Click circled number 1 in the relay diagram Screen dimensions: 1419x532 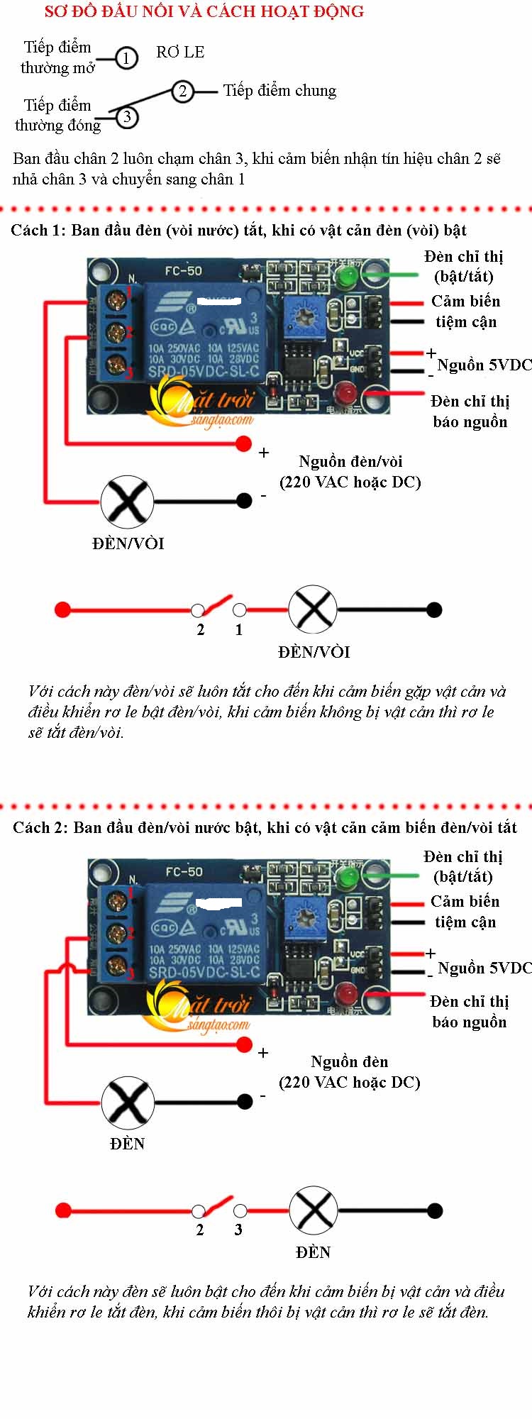[126, 57]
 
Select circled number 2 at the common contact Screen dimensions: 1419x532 [182, 91]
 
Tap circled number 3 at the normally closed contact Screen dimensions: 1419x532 [126, 116]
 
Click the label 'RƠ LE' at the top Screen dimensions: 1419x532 [180, 53]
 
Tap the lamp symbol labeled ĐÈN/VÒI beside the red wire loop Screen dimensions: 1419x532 [127, 502]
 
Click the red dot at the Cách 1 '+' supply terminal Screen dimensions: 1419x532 [243, 443]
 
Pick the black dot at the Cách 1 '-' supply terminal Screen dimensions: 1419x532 [243, 501]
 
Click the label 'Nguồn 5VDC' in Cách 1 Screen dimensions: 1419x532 [484, 365]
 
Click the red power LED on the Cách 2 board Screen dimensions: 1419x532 [346, 992]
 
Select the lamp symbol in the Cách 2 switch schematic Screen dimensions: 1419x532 [313, 1210]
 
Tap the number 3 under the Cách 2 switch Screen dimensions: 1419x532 [238, 1230]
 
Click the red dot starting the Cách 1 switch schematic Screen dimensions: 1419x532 [62, 609]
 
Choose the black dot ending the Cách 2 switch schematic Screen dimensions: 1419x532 [435, 1210]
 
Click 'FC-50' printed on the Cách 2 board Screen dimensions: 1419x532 [184, 871]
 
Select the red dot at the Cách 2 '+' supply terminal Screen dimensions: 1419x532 [244, 1044]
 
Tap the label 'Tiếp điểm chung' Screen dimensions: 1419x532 [279, 91]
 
